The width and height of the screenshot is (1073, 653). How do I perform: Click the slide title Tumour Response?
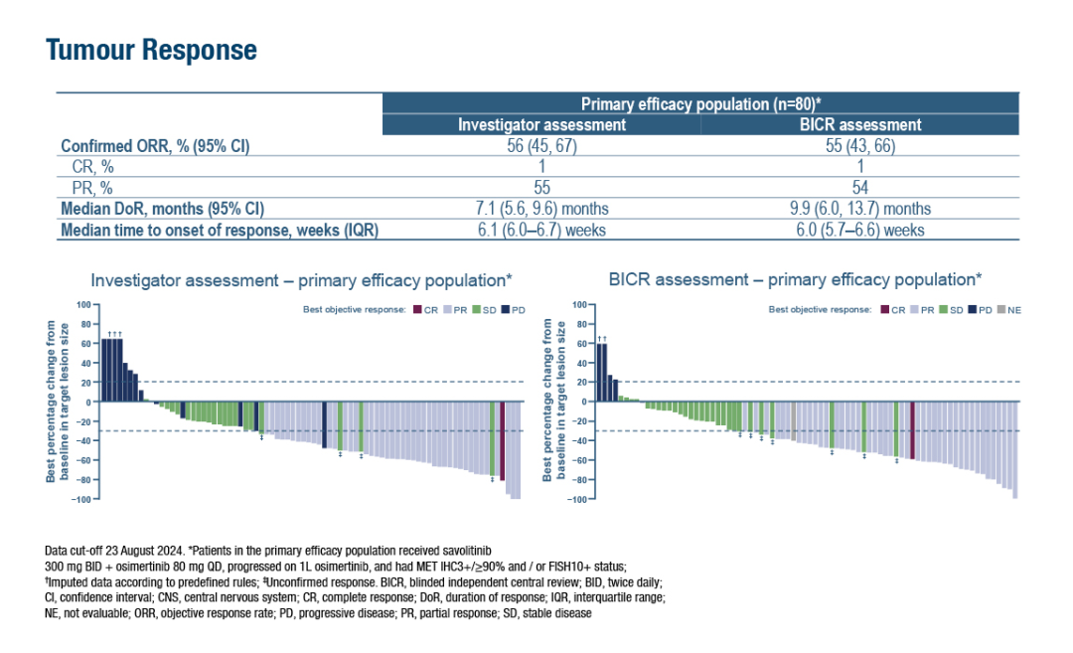[151, 51]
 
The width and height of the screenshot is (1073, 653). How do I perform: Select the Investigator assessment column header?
[541, 125]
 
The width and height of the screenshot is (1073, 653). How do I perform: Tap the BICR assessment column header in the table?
[860, 125]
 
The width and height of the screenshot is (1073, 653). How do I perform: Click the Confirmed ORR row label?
[155, 146]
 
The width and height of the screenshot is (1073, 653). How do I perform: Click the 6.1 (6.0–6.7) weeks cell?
[541, 230]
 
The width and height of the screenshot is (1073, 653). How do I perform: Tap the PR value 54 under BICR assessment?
[860, 188]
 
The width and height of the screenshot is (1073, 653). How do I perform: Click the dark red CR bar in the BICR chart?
[912, 430]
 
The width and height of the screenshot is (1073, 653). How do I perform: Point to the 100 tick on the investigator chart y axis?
[84, 304]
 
